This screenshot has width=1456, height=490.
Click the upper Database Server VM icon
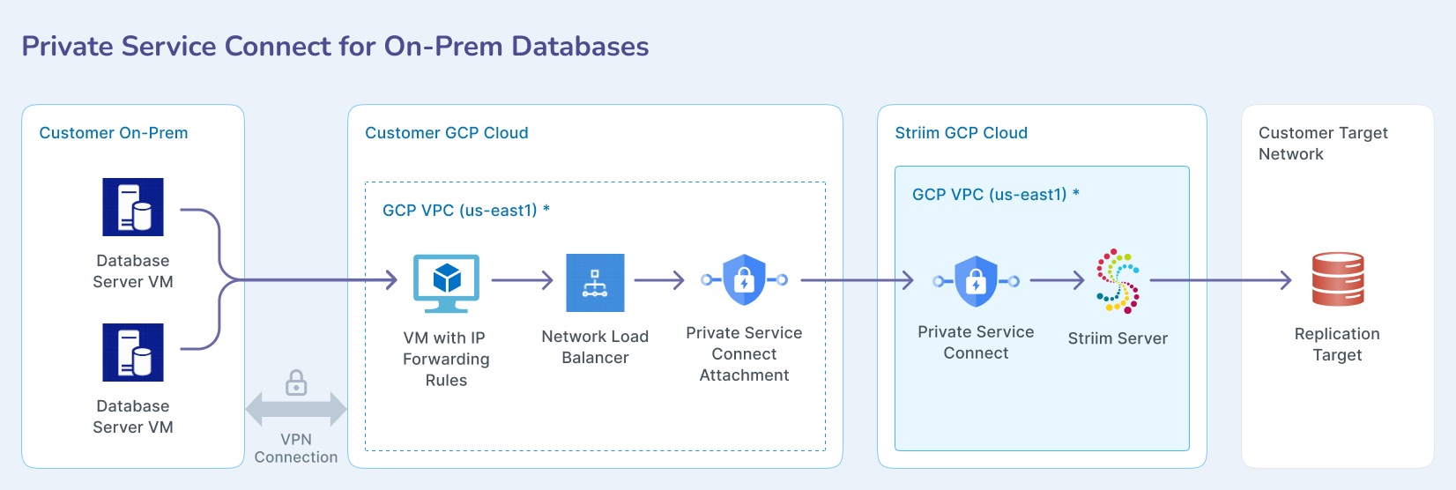(x=133, y=207)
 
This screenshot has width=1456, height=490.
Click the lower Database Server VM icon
(x=133, y=353)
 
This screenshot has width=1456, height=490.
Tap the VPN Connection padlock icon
(x=296, y=383)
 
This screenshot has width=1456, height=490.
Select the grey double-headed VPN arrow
(x=296, y=409)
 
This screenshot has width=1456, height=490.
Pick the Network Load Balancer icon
(x=595, y=283)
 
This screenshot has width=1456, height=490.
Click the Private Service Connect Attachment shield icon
(x=745, y=280)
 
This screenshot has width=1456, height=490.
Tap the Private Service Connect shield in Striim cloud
(x=976, y=281)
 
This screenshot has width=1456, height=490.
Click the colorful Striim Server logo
(x=1118, y=281)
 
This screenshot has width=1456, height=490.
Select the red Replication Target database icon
(x=1338, y=279)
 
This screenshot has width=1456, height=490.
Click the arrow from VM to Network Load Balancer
(x=522, y=281)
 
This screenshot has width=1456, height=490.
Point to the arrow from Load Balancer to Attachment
(x=659, y=281)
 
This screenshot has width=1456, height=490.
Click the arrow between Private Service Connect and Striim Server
(x=1057, y=281)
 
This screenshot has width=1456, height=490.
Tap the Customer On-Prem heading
(x=114, y=133)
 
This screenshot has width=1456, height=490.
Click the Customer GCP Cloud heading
(x=447, y=133)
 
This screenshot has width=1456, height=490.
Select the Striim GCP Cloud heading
(x=961, y=133)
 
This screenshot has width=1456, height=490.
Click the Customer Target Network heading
(x=1322, y=143)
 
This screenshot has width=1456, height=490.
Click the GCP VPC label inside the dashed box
(x=465, y=211)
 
